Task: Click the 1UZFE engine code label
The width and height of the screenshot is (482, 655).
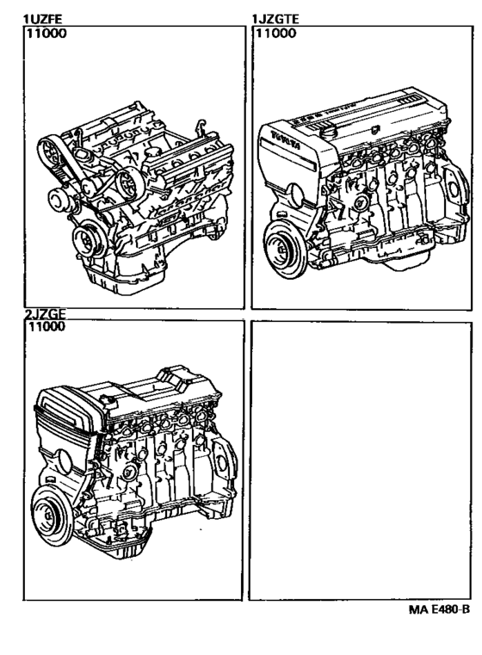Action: (42, 19)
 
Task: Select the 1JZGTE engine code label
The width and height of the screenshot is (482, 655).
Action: (275, 19)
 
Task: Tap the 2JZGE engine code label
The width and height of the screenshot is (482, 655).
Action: (45, 314)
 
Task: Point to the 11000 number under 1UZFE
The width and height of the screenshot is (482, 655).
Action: (46, 34)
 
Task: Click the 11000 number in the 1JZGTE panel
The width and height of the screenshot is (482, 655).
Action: (275, 34)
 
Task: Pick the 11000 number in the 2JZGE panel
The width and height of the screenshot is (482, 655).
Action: (46, 326)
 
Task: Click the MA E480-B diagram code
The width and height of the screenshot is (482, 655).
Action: (439, 609)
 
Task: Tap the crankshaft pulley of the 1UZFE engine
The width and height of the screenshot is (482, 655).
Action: (88, 240)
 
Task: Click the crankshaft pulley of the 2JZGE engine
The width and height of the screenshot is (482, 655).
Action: (51, 516)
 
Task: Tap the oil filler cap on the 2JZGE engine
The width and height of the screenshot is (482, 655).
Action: (108, 403)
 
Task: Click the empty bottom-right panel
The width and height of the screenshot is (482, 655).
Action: (361, 460)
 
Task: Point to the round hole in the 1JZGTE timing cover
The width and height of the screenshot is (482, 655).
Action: (296, 195)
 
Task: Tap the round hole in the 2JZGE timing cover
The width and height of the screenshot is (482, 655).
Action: (65, 461)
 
